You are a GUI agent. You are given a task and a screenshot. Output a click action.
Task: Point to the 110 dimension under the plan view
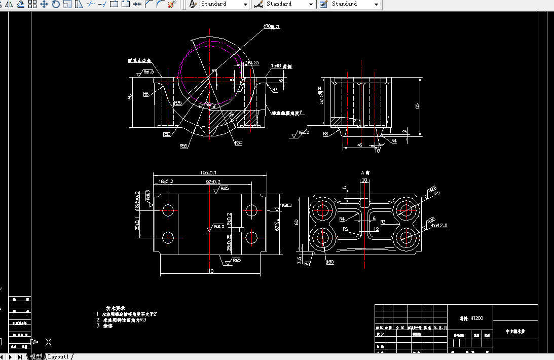[x=209, y=271]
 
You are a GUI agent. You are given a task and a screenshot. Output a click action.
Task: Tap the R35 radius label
[x=178, y=103]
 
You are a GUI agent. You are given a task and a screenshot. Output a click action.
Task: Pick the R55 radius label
[x=183, y=146]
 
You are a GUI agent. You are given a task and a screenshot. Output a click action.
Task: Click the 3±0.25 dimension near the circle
[x=252, y=63]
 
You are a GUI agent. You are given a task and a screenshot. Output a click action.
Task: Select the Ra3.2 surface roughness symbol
[x=303, y=132]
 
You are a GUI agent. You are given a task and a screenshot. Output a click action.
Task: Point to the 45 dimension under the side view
[x=359, y=145]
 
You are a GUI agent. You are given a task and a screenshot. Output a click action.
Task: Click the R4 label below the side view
[x=394, y=141]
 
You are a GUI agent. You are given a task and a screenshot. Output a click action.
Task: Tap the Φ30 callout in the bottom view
[x=329, y=262]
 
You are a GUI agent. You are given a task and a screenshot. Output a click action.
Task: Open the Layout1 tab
[x=58, y=356]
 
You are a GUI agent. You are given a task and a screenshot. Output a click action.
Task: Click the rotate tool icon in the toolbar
[x=55, y=4]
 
